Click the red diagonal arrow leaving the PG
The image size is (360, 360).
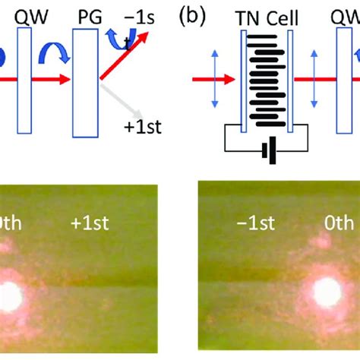coord(125,57)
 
